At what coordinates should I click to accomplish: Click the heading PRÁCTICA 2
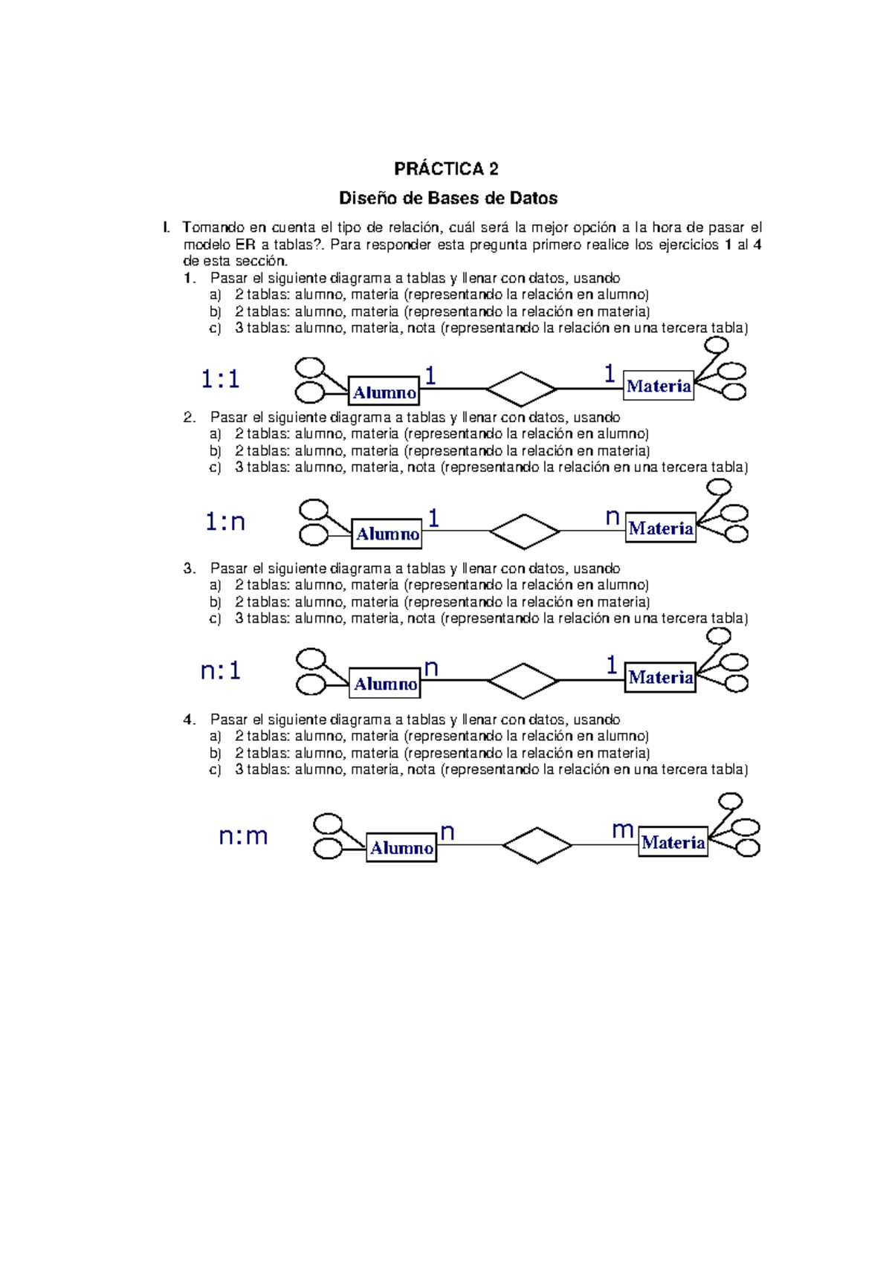pos(446,169)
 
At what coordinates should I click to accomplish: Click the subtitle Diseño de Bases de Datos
pos(447,198)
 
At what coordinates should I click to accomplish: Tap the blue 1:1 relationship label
pos(220,380)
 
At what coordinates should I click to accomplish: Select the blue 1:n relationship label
pos(224,522)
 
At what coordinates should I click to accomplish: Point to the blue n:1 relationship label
pos(221,671)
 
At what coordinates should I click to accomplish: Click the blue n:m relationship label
pos(243,837)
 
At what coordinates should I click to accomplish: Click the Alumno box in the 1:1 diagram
pos(384,392)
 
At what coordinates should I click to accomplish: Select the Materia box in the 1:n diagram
pos(660,528)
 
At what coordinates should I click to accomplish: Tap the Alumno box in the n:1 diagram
pos(385,683)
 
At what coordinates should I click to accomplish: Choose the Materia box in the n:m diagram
pos(673,842)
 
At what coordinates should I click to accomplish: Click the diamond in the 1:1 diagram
pos(521,389)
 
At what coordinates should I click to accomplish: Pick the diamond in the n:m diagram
pos(537,845)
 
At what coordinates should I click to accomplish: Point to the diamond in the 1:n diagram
pos(524,531)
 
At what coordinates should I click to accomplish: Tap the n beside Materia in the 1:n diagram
pos(612,517)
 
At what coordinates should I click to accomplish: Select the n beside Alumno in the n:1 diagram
pos(431,668)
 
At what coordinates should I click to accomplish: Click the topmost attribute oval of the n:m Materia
pos(730,801)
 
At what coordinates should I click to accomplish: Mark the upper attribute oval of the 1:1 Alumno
pos(310,367)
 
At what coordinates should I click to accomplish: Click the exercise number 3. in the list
pos(190,569)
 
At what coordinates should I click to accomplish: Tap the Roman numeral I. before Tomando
pos(167,227)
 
